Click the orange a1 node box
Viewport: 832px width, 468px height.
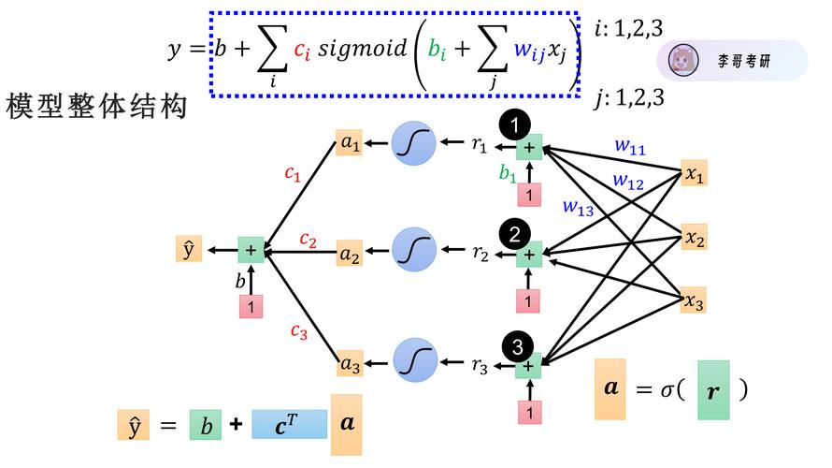point(349,144)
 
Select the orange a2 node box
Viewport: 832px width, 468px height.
point(350,253)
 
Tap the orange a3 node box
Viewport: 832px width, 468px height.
point(350,364)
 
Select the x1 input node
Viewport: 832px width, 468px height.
point(694,174)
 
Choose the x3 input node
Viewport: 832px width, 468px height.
point(694,301)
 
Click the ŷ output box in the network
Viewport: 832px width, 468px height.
point(189,249)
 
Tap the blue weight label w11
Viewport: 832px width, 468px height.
point(630,146)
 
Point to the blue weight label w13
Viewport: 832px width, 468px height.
point(578,208)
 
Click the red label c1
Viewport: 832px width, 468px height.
point(293,174)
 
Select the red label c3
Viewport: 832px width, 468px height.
point(298,330)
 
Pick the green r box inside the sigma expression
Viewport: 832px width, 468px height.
point(713,389)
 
